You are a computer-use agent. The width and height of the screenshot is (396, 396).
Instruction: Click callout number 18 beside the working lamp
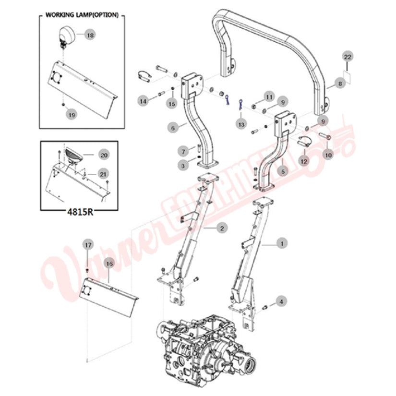click(x=90, y=35)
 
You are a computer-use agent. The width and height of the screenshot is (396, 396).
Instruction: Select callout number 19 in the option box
click(x=71, y=114)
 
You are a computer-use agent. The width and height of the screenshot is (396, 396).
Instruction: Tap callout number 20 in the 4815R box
click(x=104, y=155)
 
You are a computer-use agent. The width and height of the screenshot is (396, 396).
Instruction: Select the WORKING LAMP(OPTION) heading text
click(x=81, y=15)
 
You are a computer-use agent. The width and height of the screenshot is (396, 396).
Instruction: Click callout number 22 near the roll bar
click(x=348, y=57)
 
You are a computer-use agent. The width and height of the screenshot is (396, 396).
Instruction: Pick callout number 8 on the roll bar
click(x=340, y=84)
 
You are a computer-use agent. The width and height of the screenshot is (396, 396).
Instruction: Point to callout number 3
click(x=183, y=165)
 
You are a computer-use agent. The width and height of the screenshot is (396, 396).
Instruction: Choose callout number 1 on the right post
click(x=282, y=244)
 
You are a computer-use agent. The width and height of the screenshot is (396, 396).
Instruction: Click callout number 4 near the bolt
click(x=282, y=301)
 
